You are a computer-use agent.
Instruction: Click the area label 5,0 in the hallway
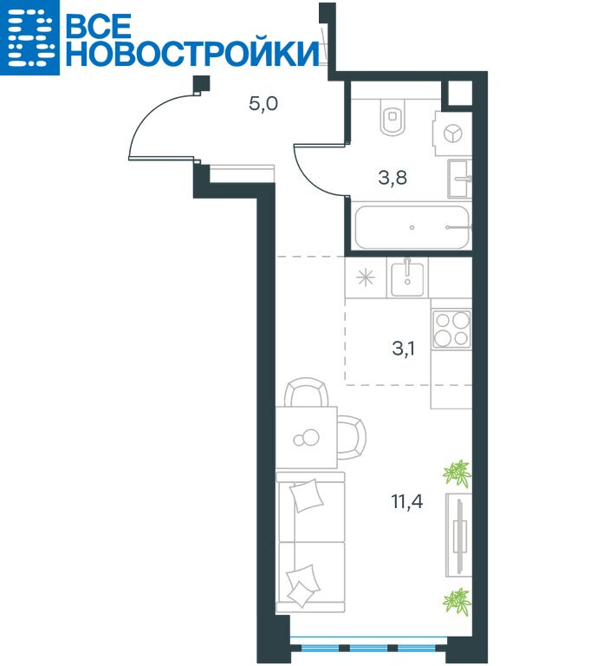click(x=263, y=104)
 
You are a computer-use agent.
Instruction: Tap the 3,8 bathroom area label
click(x=392, y=177)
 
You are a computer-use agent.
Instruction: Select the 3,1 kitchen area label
click(x=404, y=349)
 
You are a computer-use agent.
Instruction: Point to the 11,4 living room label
click(x=407, y=501)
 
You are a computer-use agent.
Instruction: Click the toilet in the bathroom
click(x=393, y=117)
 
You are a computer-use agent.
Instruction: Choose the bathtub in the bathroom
click(x=412, y=227)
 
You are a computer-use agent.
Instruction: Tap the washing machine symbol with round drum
click(x=452, y=134)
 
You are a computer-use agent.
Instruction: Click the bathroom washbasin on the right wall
click(x=460, y=179)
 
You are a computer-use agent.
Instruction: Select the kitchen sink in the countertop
click(x=407, y=277)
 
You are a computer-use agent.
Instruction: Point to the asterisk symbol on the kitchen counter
click(x=366, y=278)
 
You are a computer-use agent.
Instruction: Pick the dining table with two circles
click(x=307, y=437)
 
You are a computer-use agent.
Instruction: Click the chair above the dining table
click(x=307, y=392)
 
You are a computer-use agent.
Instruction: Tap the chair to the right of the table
click(x=352, y=437)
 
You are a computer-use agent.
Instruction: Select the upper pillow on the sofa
click(x=307, y=495)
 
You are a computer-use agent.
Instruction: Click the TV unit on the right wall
click(x=459, y=535)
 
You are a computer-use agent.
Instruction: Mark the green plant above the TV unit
click(x=457, y=473)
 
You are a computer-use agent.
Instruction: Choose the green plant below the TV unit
click(x=457, y=601)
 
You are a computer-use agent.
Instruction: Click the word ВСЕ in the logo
click(x=99, y=26)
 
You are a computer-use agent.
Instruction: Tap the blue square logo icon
click(x=29, y=37)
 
